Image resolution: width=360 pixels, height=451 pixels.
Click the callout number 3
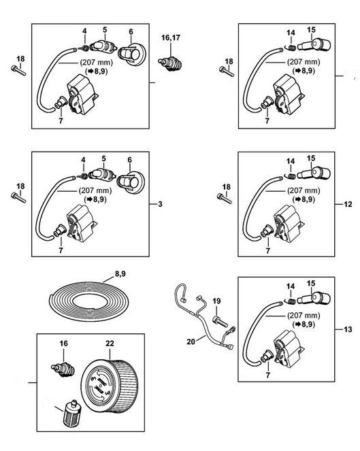pyautogui.click(x=160, y=204)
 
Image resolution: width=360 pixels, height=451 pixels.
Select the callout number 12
pyautogui.click(x=348, y=204)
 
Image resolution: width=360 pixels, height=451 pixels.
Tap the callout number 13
pyautogui.click(x=348, y=329)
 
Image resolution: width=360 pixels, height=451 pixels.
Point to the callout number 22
pyautogui.click(x=110, y=343)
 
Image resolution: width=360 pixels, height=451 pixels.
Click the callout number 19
pyautogui.click(x=216, y=301)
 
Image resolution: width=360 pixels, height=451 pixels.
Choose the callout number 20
pyautogui.click(x=191, y=341)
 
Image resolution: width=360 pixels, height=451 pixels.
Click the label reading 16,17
pyautogui.click(x=170, y=37)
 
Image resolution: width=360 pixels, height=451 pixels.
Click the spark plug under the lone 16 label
pyautogui.click(x=63, y=369)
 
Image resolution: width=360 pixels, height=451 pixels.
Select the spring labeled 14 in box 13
pyautogui.click(x=291, y=301)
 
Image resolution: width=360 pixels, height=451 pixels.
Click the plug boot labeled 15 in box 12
pyautogui.click(x=313, y=173)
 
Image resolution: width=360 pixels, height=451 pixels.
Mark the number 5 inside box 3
pyautogui.click(x=104, y=158)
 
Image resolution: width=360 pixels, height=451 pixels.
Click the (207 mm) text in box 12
pyautogui.click(x=304, y=190)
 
